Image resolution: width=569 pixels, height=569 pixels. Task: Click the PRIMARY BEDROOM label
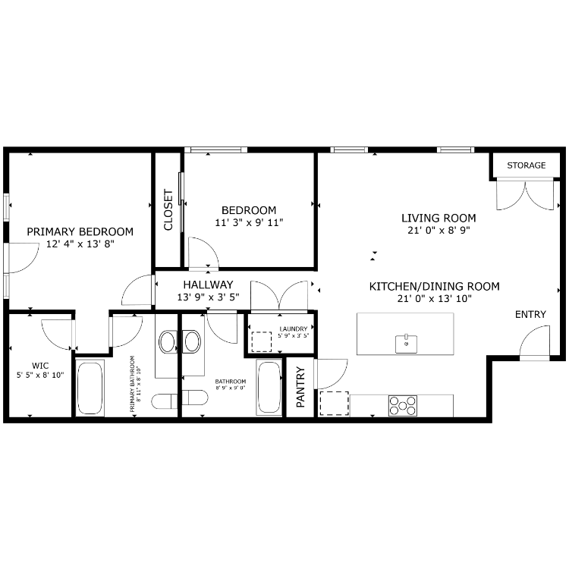(x=80, y=231)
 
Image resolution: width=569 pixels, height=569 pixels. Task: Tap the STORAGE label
(x=527, y=165)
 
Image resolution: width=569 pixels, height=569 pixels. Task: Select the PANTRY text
(x=300, y=387)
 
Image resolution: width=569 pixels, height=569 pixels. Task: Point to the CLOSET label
(x=168, y=209)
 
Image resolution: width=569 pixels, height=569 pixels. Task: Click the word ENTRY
(x=530, y=314)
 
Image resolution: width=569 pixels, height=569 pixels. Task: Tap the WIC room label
(x=40, y=366)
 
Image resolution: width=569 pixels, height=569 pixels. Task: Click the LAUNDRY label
(x=294, y=329)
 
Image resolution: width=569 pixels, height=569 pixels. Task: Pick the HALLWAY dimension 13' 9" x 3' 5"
(x=209, y=297)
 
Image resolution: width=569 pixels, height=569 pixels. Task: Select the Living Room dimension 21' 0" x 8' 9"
(x=439, y=230)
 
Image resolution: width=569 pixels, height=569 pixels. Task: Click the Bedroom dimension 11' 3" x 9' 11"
(x=249, y=222)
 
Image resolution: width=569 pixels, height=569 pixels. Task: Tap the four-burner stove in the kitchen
(x=403, y=406)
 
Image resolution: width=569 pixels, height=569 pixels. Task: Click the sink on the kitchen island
(x=406, y=343)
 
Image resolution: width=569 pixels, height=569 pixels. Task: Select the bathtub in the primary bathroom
(x=90, y=388)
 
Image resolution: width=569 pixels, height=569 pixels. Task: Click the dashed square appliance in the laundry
(x=262, y=341)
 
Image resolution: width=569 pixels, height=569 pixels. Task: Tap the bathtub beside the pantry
(x=269, y=387)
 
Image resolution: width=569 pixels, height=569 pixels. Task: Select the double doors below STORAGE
(x=525, y=194)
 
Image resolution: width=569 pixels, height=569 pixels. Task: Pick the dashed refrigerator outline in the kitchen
(x=335, y=404)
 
